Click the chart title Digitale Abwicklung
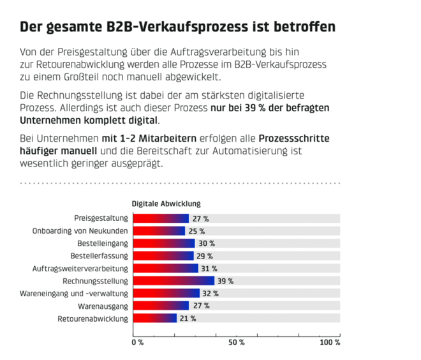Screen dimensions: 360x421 [x=166, y=204]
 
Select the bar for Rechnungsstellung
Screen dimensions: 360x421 [x=173, y=281]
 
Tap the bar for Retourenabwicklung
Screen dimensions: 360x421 [x=154, y=318]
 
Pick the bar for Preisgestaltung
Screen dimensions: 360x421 [x=160, y=218]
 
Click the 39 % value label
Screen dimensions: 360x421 [x=226, y=281]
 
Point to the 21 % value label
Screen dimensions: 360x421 [x=188, y=318]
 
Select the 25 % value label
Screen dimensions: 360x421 [x=196, y=231]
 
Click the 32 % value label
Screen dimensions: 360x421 [x=211, y=294]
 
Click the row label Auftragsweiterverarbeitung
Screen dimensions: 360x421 [x=80, y=268]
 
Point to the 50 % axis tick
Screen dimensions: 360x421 [x=237, y=342]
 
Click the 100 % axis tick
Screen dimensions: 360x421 [x=330, y=342]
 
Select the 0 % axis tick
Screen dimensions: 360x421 [x=137, y=342]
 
